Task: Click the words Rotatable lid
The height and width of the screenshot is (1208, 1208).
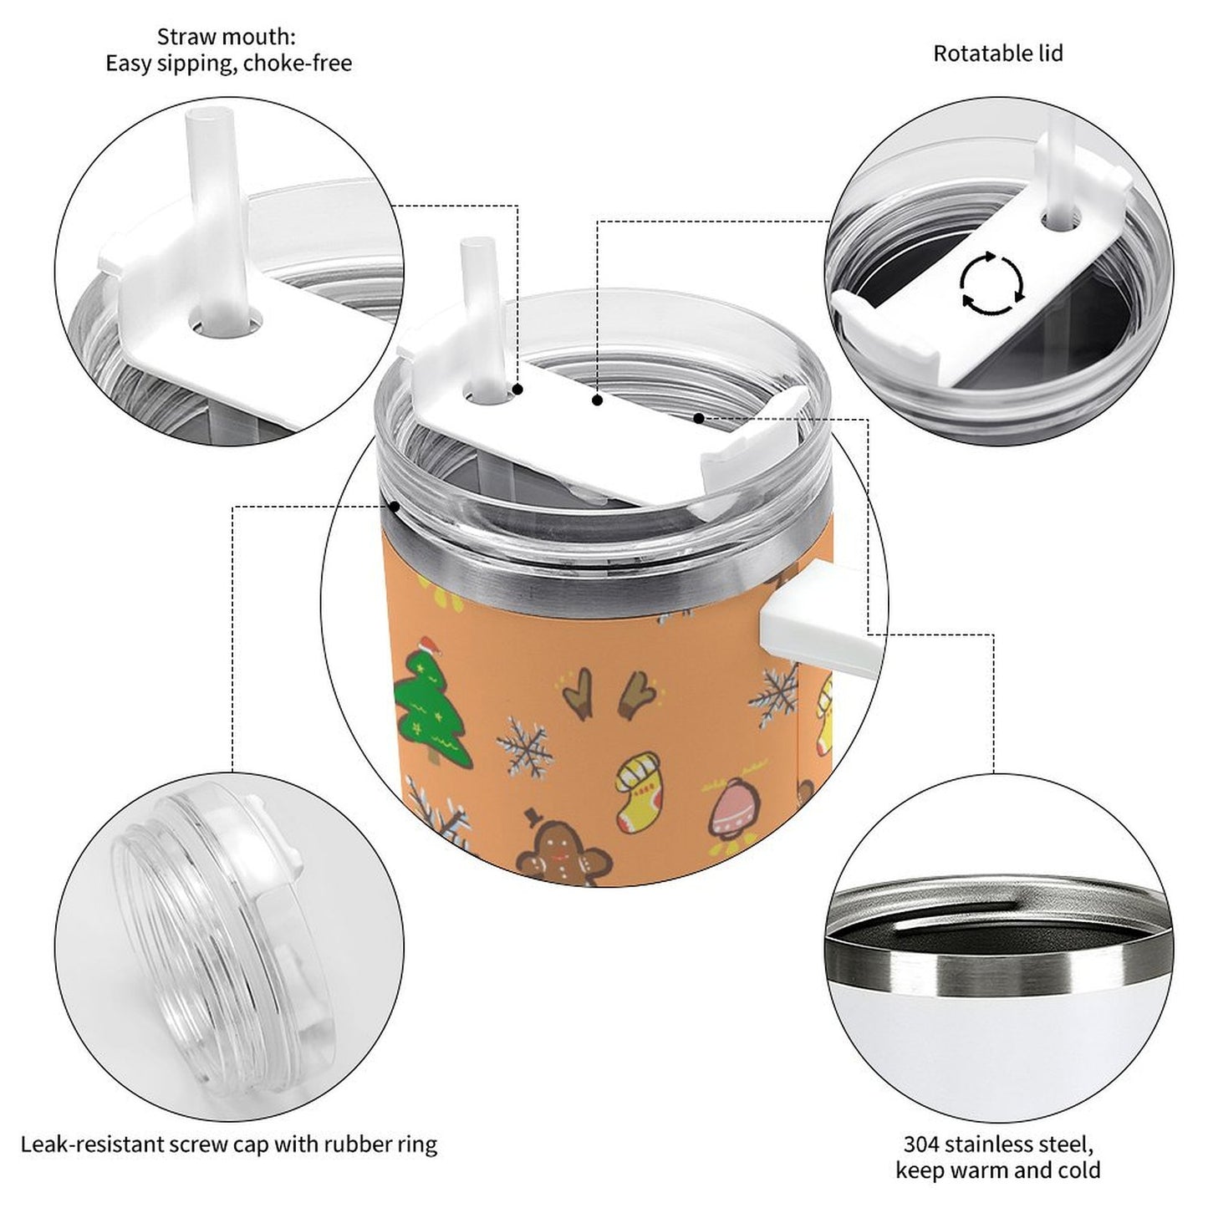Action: click(x=998, y=54)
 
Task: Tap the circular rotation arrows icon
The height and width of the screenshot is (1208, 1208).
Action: click(x=992, y=282)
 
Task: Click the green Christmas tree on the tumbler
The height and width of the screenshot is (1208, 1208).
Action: click(x=432, y=708)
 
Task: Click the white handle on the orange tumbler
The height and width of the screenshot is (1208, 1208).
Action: click(x=819, y=620)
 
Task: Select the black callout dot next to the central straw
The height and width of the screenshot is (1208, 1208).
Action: click(x=517, y=390)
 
